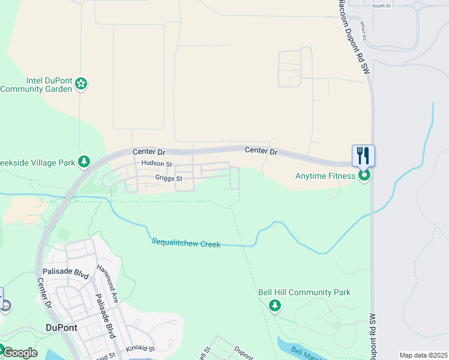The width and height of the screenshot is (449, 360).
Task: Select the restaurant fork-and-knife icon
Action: pyautogui.click(x=363, y=156)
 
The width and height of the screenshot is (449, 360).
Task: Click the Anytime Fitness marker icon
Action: pyautogui.click(x=364, y=176)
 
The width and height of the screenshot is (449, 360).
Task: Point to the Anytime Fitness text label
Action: pyautogui.click(x=325, y=176)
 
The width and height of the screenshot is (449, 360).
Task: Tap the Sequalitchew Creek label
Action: pyautogui.click(x=185, y=242)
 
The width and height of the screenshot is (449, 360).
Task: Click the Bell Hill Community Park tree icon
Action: pyautogui.click(x=275, y=306)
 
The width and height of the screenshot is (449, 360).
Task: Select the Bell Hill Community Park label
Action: pyautogui.click(x=304, y=292)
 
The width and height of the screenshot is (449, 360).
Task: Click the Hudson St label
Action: pyautogui.click(x=157, y=164)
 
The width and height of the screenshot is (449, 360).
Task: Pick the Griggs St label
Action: pyautogui.click(x=168, y=178)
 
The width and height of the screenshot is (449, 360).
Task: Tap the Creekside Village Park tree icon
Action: pyautogui.click(x=85, y=162)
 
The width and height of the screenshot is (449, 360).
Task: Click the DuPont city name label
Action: pyautogui.click(x=62, y=328)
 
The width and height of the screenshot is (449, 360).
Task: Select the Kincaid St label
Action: pyautogui.click(x=140, y=348)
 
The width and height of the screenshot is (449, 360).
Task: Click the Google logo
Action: pyautogui.click(x=19, y=353)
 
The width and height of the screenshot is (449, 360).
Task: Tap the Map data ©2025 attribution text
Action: pyautogui.click(x=423, y=355)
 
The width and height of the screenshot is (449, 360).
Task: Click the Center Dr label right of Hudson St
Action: pyautogui.click(x=261, y=151)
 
